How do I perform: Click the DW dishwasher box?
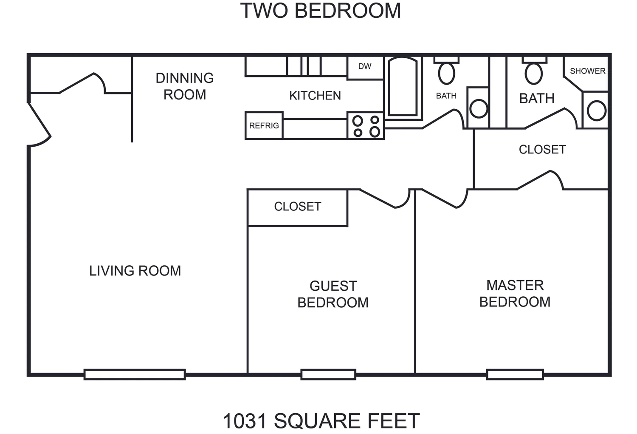click(365, 68)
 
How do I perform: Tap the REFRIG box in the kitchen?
click(264, 125)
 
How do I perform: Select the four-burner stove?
click(366, 125)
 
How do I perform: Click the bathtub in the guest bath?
click(403, 87)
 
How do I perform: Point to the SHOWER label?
click(587, 71)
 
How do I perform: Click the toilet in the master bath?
click(534, 71)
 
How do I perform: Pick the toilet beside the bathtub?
click(446, 71)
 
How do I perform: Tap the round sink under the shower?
click(597, 111)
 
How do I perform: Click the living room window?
click(135, 374)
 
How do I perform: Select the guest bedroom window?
click(328, 374)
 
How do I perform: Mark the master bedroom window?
click(515, 374)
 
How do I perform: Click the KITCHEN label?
click(315, 96)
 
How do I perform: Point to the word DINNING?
click(185, 78)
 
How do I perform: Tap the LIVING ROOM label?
click(135, 271)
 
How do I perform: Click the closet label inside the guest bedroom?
click(298, 207)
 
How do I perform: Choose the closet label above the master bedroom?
click(542, 149)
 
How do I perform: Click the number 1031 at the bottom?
click(245, 421)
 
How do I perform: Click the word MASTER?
click(515, 285)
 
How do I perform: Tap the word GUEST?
click(333, 286)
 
